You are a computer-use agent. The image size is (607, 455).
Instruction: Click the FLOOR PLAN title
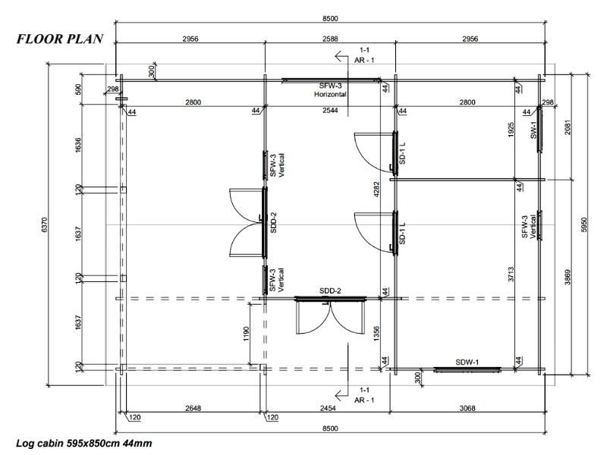(60, 39)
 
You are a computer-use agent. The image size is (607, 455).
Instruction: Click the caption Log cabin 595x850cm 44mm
(83, 443)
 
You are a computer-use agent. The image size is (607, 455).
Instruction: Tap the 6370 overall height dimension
(44, 224)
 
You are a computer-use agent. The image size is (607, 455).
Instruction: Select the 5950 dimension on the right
(584, 224)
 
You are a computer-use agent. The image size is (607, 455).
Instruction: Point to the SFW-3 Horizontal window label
(330, 89)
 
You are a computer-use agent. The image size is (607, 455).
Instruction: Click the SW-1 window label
(533, 130)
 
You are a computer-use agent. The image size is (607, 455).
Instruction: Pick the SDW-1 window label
(467, 362)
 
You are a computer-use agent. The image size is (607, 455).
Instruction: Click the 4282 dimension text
(376, 190)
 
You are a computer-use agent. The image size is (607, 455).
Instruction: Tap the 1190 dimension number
(246, 334)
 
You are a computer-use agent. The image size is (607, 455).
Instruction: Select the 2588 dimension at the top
(330, 39)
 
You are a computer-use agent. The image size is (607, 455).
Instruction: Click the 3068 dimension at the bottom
(467, 408)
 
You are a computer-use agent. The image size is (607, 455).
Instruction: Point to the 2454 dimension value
(328, 408)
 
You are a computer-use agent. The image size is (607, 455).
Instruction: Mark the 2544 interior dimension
(330, 110)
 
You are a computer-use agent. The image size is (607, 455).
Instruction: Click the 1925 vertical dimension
(511, 130)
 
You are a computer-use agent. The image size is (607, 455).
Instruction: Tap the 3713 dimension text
(511, 274)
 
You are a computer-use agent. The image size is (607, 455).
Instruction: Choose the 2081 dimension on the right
(567, 127)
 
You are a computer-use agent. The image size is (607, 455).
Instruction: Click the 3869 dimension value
(567, 277)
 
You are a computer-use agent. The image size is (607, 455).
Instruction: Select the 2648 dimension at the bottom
(193, 408)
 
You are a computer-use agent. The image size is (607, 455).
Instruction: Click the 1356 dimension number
(376, 334)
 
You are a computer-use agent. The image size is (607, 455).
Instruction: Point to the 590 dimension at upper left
(78, 89)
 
